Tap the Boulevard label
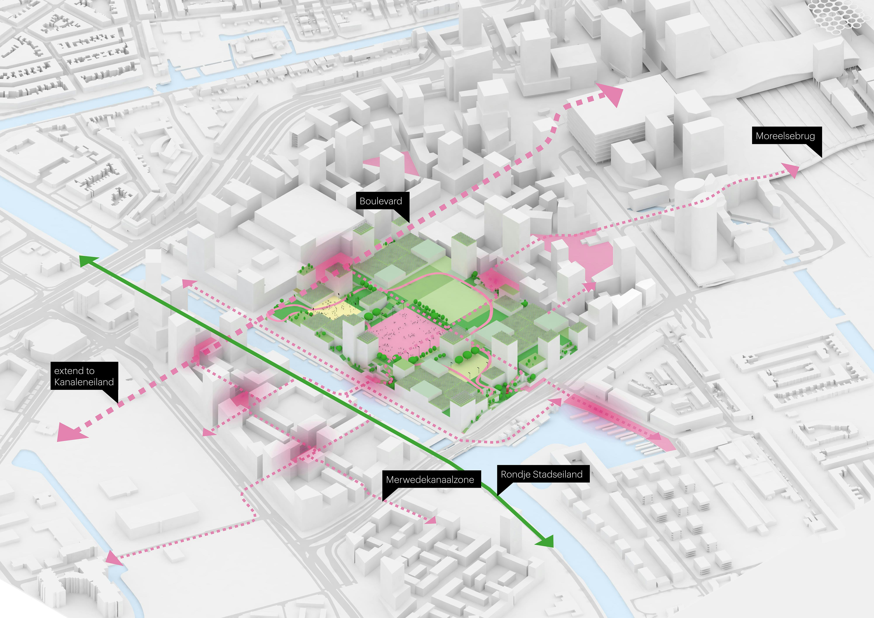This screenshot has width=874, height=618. coord(381,201)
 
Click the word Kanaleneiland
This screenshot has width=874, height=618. coord(84,382)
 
